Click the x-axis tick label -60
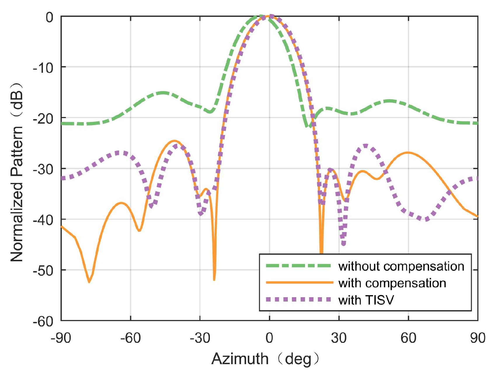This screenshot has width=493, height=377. [x=130, y=338]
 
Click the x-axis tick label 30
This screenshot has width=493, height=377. [x=339, y=338]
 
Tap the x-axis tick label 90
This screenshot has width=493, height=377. [x=478, y=338]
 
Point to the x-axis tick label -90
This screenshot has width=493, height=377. [x=61, y=338]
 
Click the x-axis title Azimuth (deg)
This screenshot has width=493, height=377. [x=265, y=359]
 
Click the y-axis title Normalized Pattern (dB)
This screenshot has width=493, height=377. [x=17, y=172]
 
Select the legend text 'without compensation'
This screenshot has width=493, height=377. [x=401, y=266]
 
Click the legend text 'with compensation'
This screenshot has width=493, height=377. [x=392, y=283]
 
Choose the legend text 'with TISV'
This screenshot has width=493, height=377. [x=366, y=300]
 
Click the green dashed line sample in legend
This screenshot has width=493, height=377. [x=299, y=266]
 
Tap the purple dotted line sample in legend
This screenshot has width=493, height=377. [x=299, y=300]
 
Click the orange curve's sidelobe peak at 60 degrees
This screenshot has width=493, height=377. [x=408, y=152]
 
